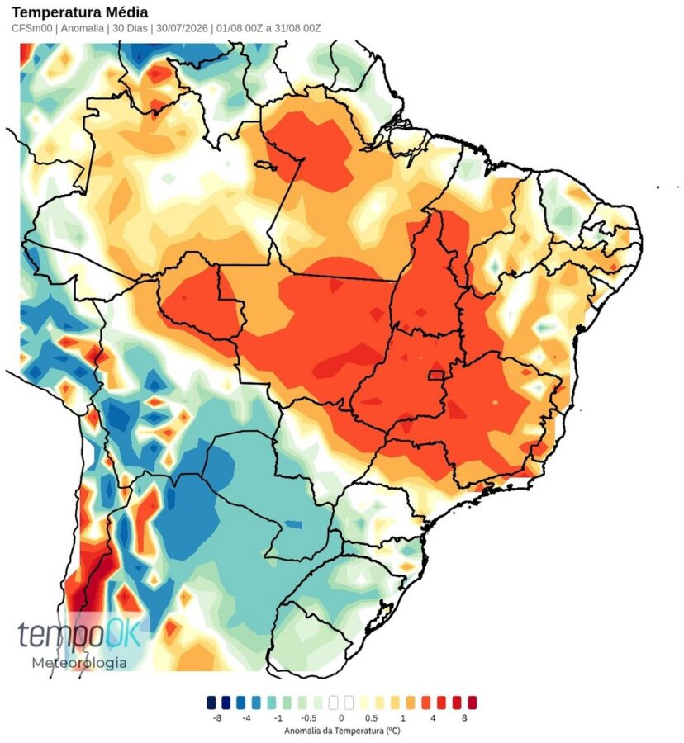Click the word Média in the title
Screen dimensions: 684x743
point(130,12)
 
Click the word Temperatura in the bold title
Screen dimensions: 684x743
point(60,12)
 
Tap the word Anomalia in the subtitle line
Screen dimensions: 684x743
point(82,28)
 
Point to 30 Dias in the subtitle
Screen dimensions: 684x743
point(130,28)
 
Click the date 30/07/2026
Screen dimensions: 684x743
point(182,28)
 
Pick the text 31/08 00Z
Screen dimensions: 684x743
point(297,28)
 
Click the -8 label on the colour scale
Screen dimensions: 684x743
point(217,718)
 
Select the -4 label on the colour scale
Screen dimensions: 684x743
point(246,718)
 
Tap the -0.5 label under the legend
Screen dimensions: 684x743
point(309,718)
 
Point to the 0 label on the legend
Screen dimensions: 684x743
point(341,718)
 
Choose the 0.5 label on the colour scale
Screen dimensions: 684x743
point(372,718)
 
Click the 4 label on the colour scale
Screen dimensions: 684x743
point(433,718)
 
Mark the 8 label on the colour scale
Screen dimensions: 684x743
point(464,718)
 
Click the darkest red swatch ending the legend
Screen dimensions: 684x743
point(472,703)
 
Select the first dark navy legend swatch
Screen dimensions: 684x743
point(211,703)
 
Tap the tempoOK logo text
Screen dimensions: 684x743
point(79,634)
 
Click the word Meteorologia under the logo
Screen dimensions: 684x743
point(79,662)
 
